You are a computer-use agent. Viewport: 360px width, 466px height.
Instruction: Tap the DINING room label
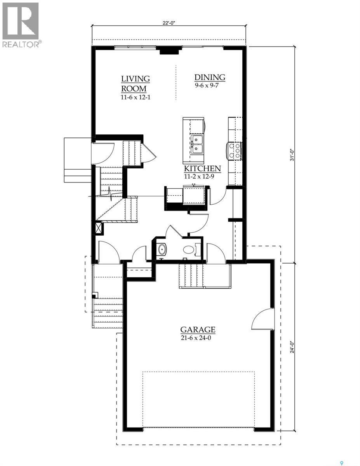point(210,77)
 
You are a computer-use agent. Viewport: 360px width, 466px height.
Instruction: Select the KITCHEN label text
point(202,169)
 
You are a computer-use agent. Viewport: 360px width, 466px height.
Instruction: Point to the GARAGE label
point(198,330)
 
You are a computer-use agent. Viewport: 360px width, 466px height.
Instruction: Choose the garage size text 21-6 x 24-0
point(198,337)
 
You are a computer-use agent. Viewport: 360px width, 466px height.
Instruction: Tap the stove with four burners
point(235,151)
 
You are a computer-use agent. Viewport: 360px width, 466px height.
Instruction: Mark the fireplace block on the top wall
point(169,50)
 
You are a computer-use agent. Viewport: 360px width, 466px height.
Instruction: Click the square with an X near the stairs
point(98,228)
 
